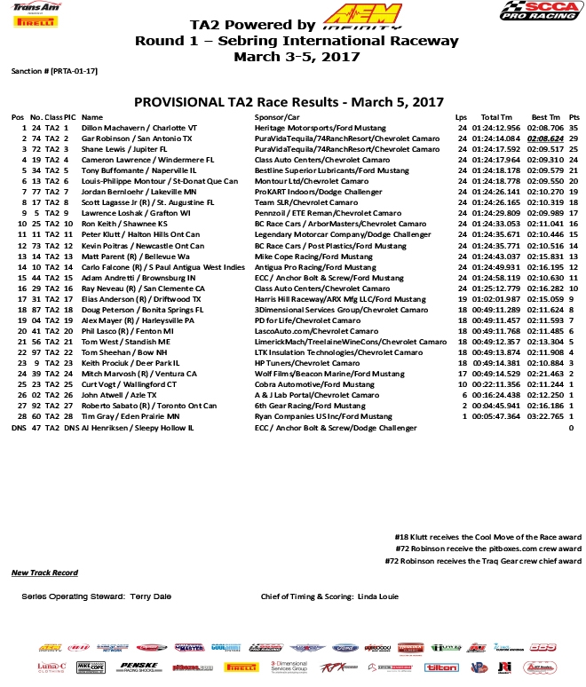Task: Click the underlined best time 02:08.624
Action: coord(544,139)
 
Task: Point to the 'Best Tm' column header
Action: coord(544,117)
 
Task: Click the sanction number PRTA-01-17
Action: coord(59,69)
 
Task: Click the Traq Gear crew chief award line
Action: coord(482,561)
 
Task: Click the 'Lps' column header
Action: coord(461,117)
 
